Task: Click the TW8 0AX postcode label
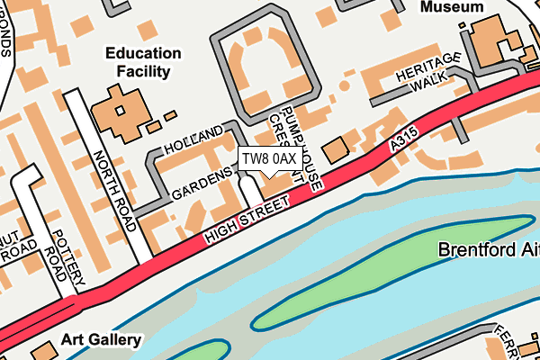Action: coord(268,159)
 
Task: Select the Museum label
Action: coord(453,6)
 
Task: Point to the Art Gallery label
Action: coord(102,340)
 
